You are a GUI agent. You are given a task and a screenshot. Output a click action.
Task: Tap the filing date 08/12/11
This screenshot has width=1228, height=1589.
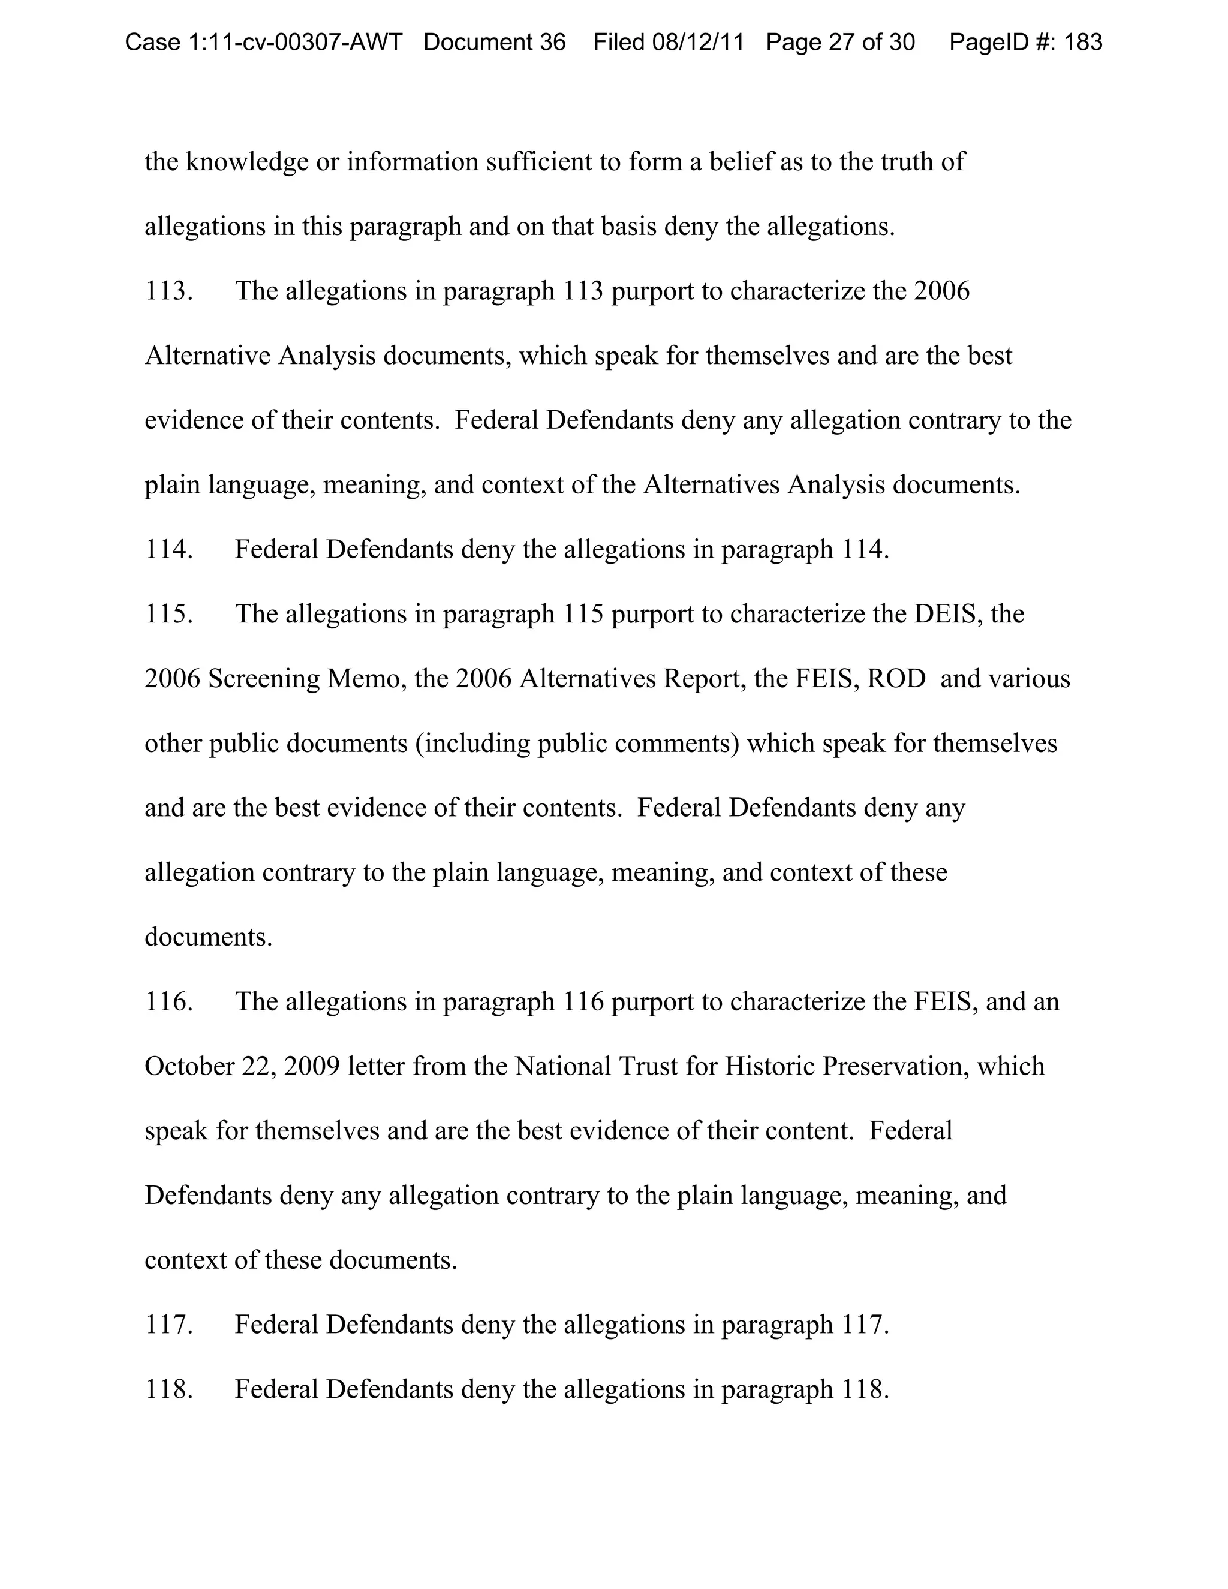(x=698, y=42)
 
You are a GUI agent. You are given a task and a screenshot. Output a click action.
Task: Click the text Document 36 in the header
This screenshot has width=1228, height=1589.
(x=494, y=42)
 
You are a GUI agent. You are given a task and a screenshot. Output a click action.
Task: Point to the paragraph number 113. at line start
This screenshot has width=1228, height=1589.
(x=168, y=291)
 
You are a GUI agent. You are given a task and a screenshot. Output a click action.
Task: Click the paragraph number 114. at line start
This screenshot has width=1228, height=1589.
(x=168, y=549)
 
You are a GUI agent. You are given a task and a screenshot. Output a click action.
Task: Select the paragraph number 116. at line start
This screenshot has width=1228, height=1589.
(x=168, y=1002)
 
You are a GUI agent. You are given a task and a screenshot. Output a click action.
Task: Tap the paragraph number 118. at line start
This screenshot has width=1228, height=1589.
(x=168, y=1390)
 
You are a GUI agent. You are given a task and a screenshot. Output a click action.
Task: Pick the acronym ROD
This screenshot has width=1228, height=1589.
(x=896, y=679)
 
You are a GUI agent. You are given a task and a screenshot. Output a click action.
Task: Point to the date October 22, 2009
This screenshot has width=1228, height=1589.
(x=242, y=1067)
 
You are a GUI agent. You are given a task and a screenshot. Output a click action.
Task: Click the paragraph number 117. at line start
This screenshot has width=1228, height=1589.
(x=168, y=1325)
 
